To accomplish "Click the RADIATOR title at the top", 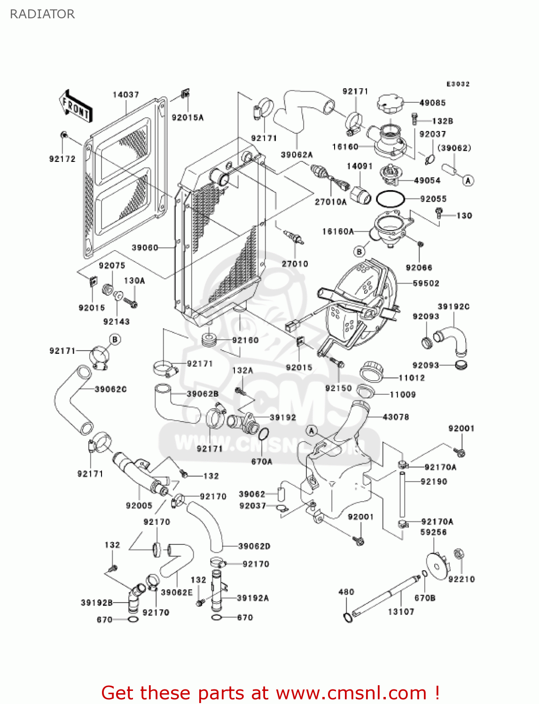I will [42, 14].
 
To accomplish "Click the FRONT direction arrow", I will [76, 107].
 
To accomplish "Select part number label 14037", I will [125, 95].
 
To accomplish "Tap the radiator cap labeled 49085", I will [390, 103].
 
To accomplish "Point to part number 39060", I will [145, 247].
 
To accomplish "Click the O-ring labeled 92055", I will [390, 199].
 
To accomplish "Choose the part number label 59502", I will [426, 283].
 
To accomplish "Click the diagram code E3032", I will [458, 84].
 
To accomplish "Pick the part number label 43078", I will [396, 417].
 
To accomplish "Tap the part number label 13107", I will [401, 612].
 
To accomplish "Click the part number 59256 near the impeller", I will [433, 532].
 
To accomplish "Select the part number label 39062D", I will [254, 546].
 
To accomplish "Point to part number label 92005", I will [139, 505].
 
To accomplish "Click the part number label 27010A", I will [330, 202].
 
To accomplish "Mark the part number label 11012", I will [412, 378].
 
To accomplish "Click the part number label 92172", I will [62, 159].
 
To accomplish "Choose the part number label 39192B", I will [97, 603].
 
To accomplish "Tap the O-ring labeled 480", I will [348, 618].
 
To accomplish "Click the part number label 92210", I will [461, 579].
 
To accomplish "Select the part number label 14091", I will [359, 166].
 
